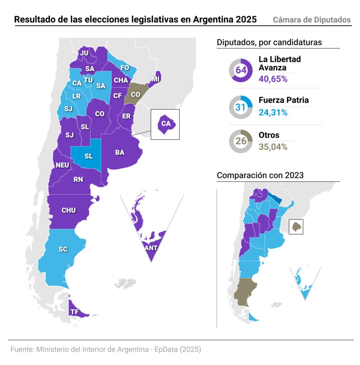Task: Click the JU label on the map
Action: [84, 53]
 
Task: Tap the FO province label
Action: [125, 67]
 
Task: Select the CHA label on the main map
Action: [121, 80]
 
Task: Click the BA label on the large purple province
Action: [120, 152]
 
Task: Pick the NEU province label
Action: [62, 165]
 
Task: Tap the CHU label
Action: [69, 210]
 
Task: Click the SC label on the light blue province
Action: [63, 249]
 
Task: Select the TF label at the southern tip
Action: [75, 312]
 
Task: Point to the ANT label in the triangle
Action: [151, 248]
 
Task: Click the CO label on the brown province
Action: [136, 94]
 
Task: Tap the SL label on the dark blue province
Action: [88, 156]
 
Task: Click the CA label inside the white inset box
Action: [166, 124]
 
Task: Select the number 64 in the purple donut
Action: [241, 70]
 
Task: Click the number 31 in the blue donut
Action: [241, 107]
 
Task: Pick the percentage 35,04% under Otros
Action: [273, 146]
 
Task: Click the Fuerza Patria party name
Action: [284, 100]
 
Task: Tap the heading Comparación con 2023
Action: [260, 175]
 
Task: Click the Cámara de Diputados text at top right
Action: [312, 20]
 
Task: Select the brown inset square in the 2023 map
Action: [295, 226]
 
